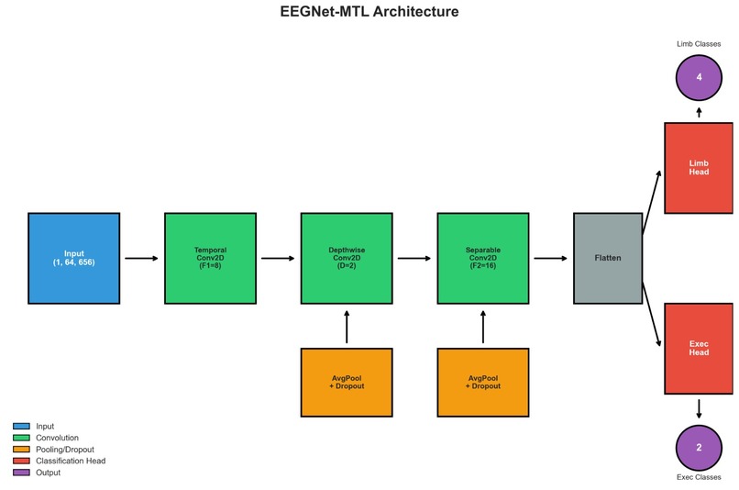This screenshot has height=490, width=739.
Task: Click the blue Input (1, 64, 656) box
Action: pyautogui.click(x=74, y=258)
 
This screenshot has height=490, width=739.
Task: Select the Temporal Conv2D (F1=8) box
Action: pyautogui.click(x=210, y=258)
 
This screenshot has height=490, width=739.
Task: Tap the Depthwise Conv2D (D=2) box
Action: pyautogui.click(x=347, y=258)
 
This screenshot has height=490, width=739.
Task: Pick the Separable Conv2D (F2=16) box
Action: pyautogui.click(x=483, y=258)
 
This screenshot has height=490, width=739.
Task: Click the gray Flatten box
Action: pyautogui.click(x=608, y=258)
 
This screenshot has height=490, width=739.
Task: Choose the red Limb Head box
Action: pyautogui.click(x=699, y=168)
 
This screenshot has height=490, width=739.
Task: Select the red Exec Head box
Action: pyautogui.click(x=699, y=349)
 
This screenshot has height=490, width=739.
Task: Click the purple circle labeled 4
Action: pyautogui.click(x=699, y=77)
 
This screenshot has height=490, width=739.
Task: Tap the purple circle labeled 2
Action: pyautogui.click(x=699, y=448)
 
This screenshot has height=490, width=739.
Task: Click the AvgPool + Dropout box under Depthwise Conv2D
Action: pyautogui.click(x=347, y=383)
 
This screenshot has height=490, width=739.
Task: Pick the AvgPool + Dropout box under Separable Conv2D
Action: pyautogui.click(x=483, y=383)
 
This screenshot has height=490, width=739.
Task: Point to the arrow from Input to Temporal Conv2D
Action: pyautogui.click(x=141, y=258)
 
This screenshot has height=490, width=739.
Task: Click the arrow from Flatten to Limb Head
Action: pyautogui.click(x=651, y=202)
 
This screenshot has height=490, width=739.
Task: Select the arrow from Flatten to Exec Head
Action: pyautogui.click(x=651, y=315)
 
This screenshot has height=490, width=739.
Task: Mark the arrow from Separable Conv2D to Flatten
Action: pyautogui.click(x=550, y=258)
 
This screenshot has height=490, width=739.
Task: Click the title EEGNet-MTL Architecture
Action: pyautogui.click(x=369, y=11)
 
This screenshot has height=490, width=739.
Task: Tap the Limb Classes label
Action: pyautogui.click(x=699, y=44)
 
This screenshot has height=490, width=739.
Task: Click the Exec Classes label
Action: pyautogui.click(x=699, y=477)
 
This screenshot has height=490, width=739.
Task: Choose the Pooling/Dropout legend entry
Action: pyautogui.click(x=54, y=450)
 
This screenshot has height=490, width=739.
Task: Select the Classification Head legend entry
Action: pyautogui.click(x=60, y=461)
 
